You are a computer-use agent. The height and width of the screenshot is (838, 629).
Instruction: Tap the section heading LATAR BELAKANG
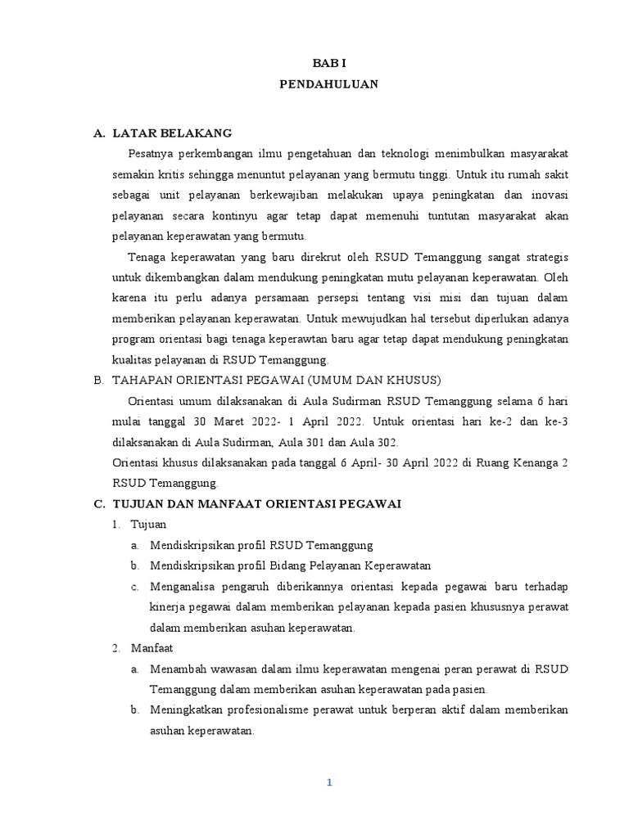click(172, 133)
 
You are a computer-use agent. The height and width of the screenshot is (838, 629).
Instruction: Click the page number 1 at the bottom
click(329, 782)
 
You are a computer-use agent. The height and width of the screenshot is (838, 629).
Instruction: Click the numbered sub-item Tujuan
click(149, 525)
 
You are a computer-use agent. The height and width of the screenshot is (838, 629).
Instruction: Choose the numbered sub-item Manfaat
click(152, 648)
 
